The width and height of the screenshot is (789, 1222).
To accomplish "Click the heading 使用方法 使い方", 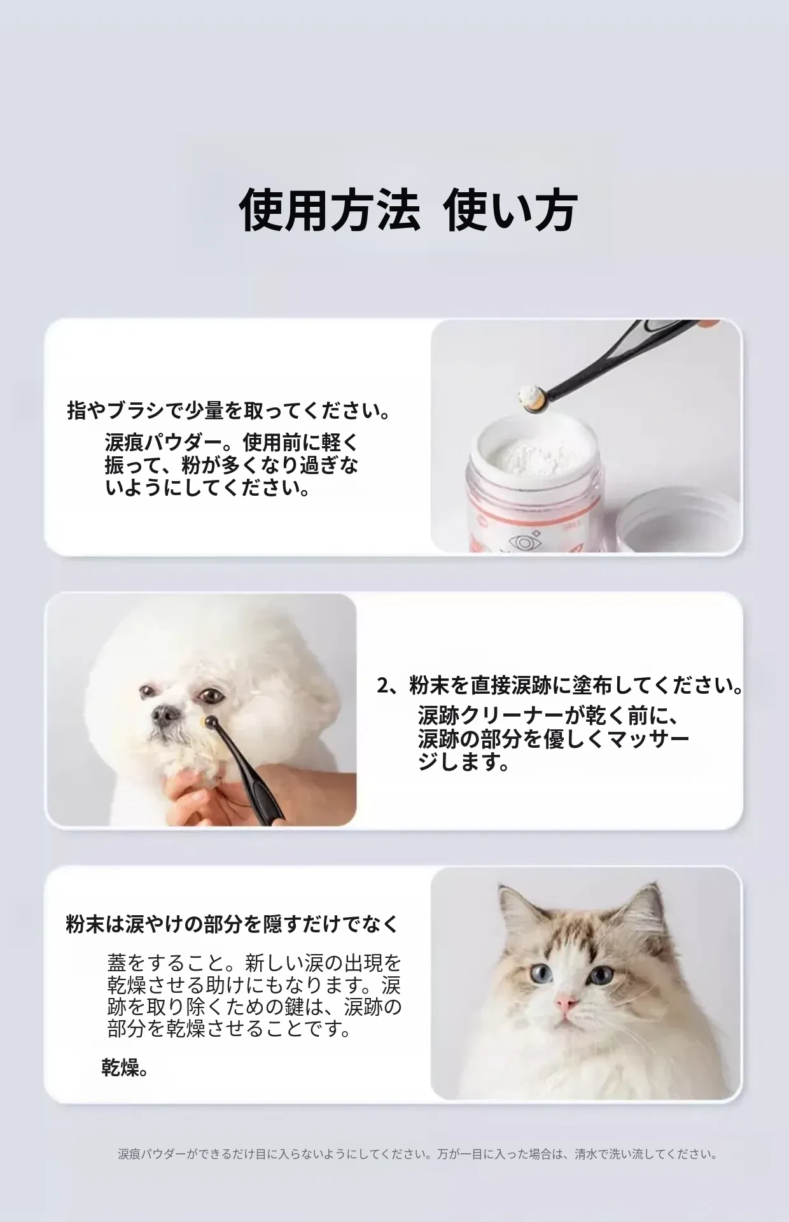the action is pyautogui.click(x=408, y=209).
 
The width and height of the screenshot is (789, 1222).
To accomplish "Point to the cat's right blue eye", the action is pyautogui.click(x=599, y=974).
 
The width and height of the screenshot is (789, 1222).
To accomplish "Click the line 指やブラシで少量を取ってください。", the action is pyautogui.click(x=229, y=411).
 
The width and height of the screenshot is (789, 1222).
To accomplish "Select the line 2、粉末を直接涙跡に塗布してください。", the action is pyautogui.click(x=560, y=686).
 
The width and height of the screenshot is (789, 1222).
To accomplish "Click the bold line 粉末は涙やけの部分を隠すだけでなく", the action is pyautogui.click(x=232, y=924).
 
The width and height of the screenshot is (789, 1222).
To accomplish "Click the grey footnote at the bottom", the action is pyautogui.click(x=418, y=1154).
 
